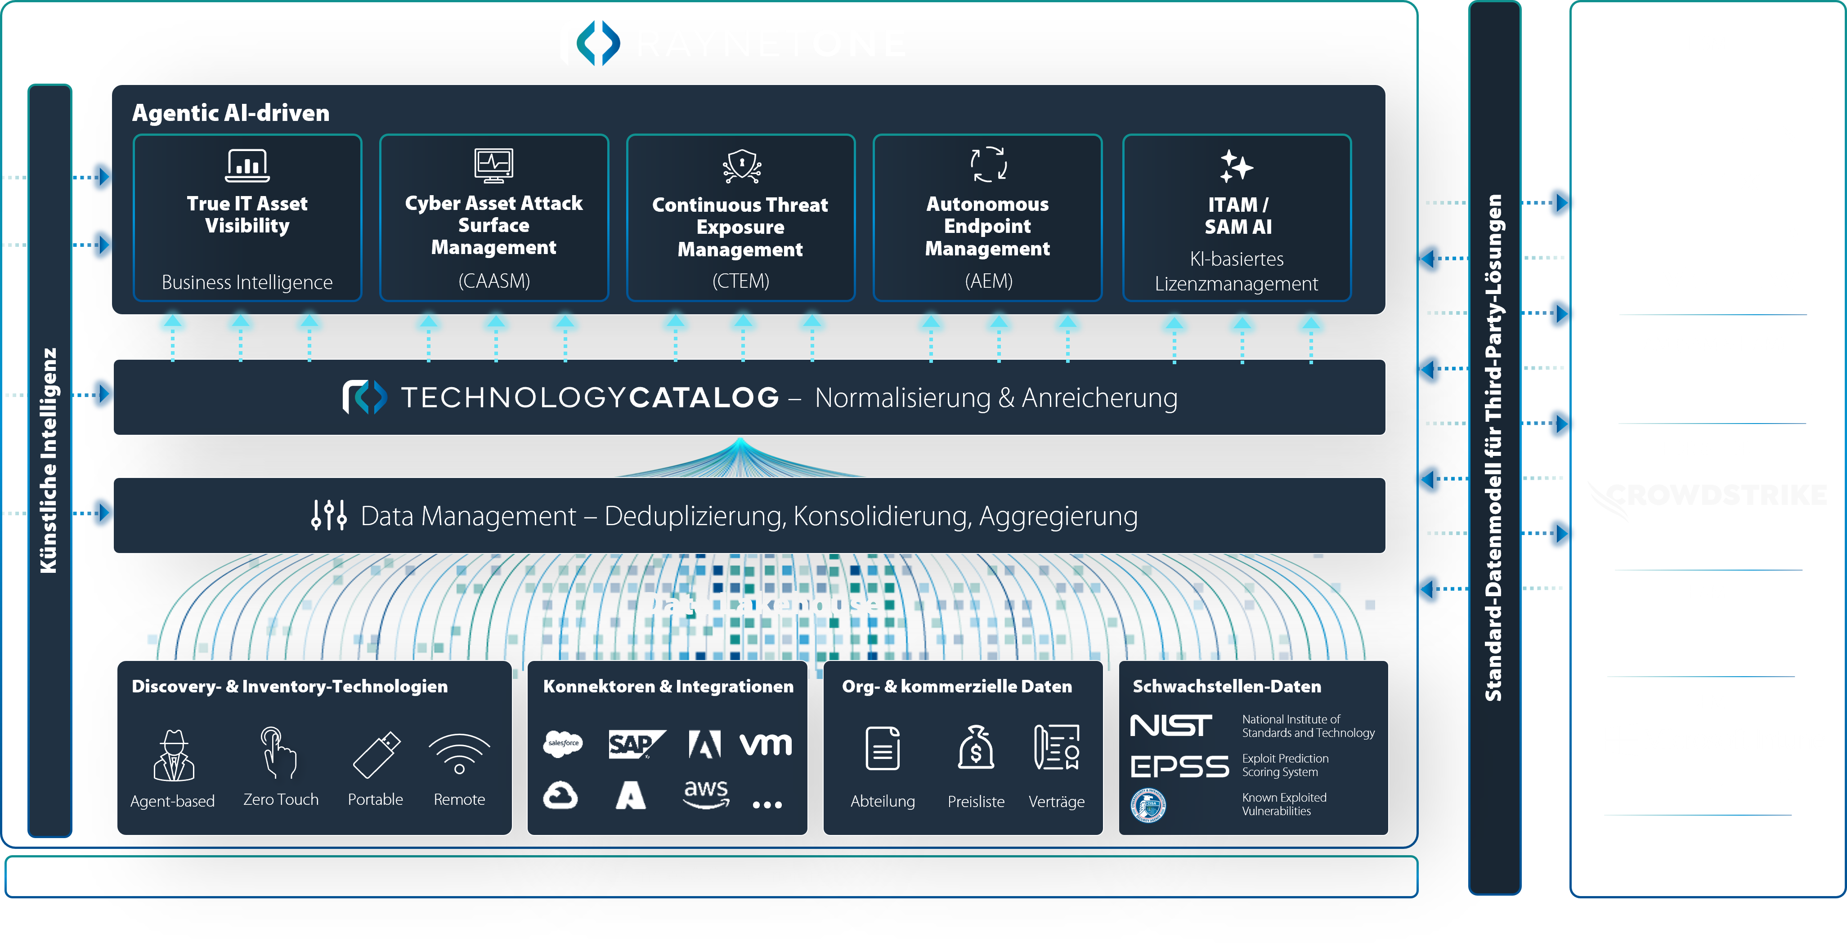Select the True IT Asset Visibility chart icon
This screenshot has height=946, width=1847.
(x=247, y=165)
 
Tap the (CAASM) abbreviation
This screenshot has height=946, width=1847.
(x=494, y=281)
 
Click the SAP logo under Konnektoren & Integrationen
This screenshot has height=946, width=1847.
(x=635, y=745)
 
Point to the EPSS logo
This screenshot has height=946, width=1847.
(x=1179, y=766)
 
